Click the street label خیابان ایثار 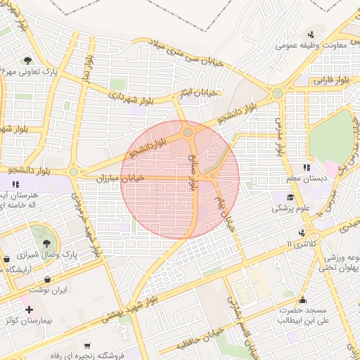point(201,92)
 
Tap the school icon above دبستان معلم point(307,167)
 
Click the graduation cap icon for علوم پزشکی point(291,197)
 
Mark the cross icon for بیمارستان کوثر point(29,309)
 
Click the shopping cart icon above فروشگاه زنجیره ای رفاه point(86,345)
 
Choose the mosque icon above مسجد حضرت point(302,298)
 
